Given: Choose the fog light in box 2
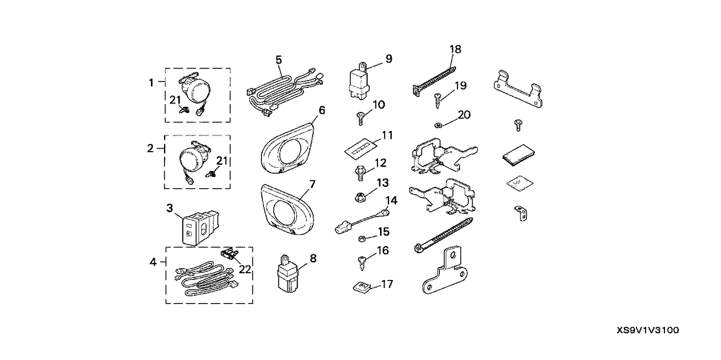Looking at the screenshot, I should tap(193, 158).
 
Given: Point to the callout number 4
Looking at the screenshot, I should tap(154, 264).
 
